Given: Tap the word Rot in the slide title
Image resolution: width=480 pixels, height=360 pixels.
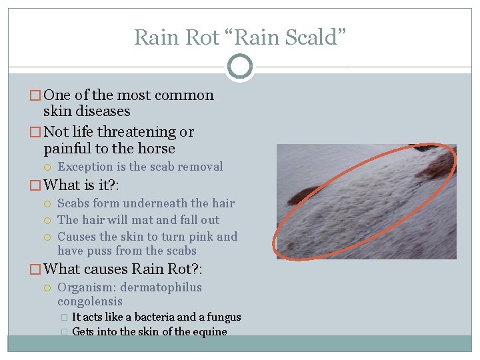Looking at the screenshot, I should [203, 37].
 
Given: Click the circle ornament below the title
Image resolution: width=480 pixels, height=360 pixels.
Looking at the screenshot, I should [239, 67].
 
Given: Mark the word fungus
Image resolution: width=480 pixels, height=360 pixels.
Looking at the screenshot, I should [223, 317].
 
